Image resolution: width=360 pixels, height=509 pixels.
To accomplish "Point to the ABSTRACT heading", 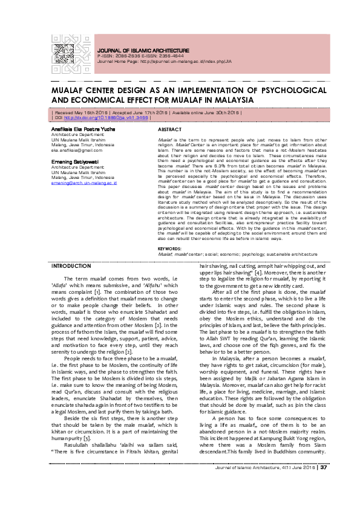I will (x=169, y=130).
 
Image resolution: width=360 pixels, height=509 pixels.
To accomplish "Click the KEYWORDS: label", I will (x=171, y=265).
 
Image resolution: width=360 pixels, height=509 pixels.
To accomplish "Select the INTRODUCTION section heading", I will (x=71, y=283).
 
